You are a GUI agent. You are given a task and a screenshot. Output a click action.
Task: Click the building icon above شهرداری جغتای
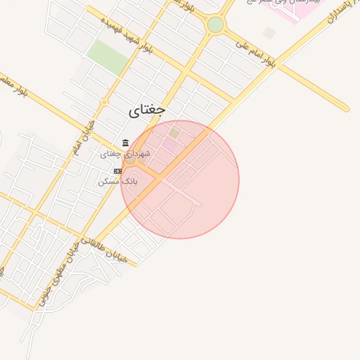125,143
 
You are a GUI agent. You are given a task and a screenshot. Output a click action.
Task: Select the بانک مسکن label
120,181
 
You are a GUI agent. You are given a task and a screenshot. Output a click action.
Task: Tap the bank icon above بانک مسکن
117,171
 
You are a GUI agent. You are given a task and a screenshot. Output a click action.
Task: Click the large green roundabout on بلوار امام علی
215,25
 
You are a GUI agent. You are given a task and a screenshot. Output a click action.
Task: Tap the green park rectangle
108,56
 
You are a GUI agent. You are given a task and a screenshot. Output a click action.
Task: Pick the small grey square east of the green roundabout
269,33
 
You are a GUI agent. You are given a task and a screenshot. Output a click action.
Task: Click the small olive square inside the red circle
174,132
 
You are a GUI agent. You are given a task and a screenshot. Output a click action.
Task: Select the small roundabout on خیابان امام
103,103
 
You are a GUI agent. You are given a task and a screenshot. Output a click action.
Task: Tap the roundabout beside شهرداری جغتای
131,160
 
